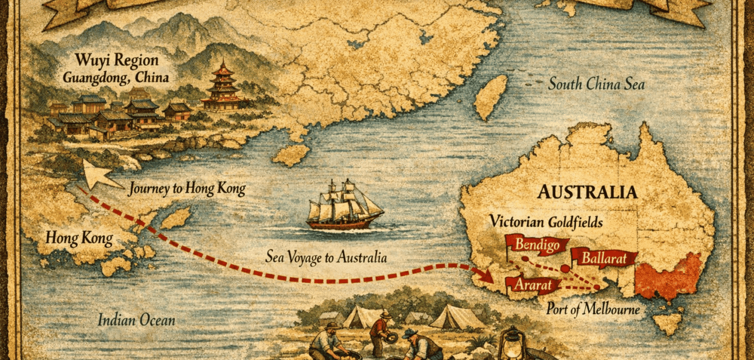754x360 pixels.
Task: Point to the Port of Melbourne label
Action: pos(593,309)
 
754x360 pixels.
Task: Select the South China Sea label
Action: pos(596,85)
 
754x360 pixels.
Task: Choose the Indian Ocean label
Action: pos(136,320)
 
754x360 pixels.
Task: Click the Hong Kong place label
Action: pos(79,238)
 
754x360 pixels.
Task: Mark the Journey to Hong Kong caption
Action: pos(186,188)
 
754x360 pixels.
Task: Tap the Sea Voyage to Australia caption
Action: pos(326,257)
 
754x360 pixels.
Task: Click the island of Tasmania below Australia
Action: pos(667,323)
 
